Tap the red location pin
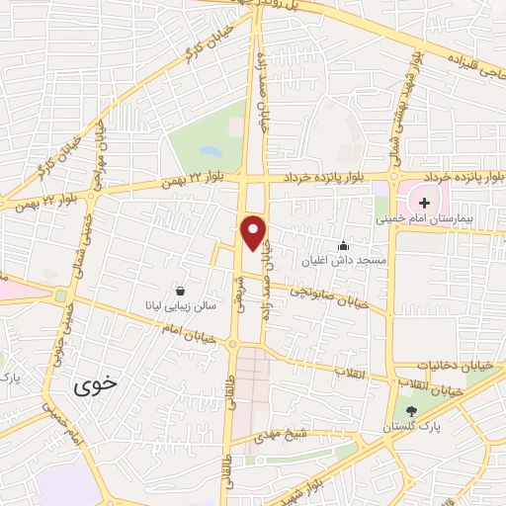coord(254,231)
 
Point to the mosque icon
coord(343,245)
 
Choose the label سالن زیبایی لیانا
coord(178,307)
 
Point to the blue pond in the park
coord(211,152)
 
